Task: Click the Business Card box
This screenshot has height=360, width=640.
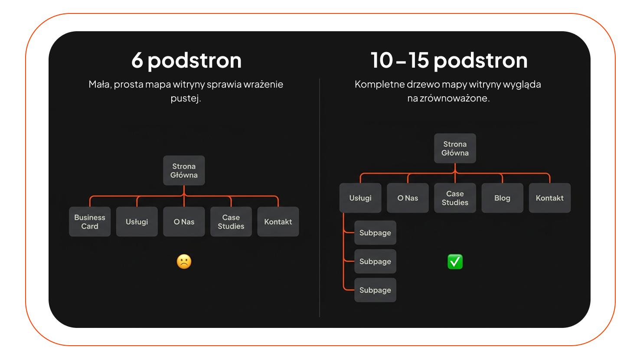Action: [90, 222]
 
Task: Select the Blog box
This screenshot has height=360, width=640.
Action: [502, 198]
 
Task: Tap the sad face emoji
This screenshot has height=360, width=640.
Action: [184, 262]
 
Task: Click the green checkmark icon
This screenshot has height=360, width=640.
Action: [455, 262]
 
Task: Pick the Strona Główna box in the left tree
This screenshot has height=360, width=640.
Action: [184, 170]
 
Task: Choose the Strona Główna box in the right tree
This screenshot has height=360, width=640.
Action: [455, 148]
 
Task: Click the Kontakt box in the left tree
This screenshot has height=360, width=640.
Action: [278, 222]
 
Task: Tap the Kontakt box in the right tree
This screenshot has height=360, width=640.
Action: [550, 198]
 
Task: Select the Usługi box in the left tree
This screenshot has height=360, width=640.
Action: [137, 222]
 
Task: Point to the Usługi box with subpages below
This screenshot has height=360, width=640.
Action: [360, 198]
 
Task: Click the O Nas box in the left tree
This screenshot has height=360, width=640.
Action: [184, 222]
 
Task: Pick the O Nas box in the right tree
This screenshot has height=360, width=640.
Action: [408, 198]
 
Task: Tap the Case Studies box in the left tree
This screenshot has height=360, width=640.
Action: [231, 222]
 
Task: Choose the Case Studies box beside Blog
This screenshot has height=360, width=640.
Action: [455, 198]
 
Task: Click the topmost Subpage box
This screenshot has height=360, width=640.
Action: [375, 232]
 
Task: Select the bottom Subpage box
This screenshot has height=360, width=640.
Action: [375, 290]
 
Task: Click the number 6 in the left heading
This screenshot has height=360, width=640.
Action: [137, 60]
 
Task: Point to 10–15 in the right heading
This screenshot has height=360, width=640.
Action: [400, 60]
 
